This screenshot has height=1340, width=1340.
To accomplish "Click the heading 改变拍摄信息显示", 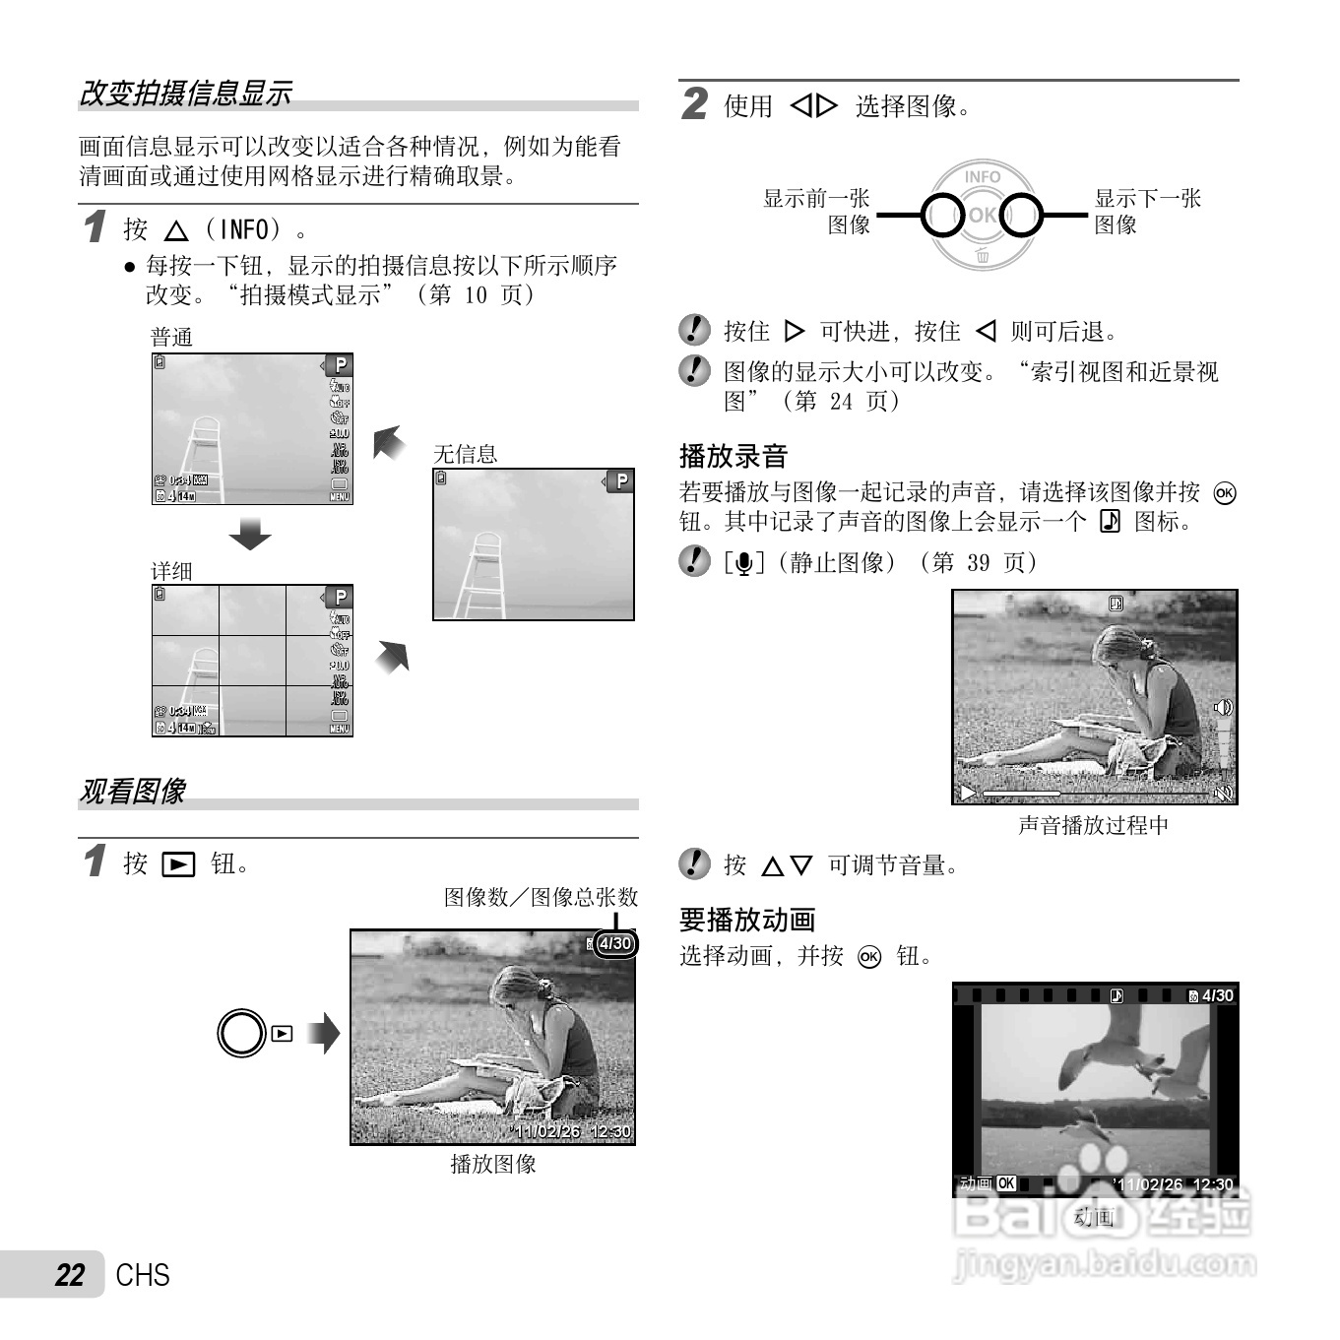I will (x=184, y=94).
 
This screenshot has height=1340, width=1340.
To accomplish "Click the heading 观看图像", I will (x=132, y=791).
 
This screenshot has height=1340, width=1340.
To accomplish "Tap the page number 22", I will (x=70, y=1275).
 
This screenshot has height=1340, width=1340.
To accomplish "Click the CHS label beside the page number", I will (x=143, y=1275).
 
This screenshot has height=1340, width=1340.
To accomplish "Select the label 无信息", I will (x=465, y=454).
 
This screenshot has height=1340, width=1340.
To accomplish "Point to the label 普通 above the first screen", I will (x=171, y=338).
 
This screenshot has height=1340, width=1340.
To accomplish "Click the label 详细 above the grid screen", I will (x=171, y=571).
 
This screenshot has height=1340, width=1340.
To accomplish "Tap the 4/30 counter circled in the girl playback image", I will (x=615, y=943).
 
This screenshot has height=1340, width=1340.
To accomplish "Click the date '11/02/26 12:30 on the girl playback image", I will (x=573, y=1131).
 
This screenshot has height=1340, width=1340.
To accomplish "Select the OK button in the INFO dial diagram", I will (x=982, y=215).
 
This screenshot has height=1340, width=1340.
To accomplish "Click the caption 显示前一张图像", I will (x=817, y=212).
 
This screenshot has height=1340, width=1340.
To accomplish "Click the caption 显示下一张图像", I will (x=1147, y=212).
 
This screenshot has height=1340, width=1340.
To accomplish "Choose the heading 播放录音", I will (x=734, y=456).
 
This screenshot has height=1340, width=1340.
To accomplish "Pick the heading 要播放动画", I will (x=747, y=920).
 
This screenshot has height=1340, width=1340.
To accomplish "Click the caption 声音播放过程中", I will (x=1093, y=825).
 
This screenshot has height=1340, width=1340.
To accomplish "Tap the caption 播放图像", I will (x=493, y=1164).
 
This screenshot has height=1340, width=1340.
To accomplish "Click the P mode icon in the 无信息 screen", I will (x=620, y=481).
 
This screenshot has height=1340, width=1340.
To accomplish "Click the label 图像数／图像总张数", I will (x=541, y=897).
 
